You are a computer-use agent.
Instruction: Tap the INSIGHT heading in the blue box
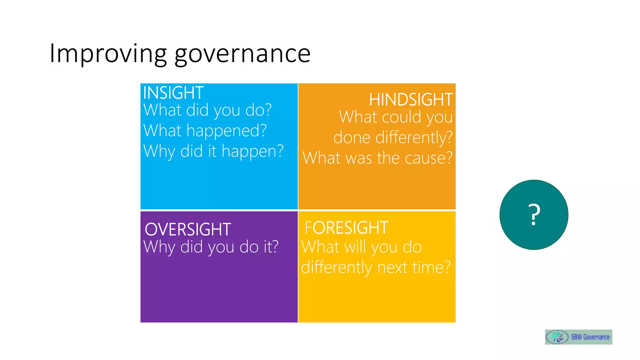click(173, 93)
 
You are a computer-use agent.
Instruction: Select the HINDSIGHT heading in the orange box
click(411, 100)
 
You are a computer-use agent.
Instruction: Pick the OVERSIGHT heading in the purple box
click(188, 229)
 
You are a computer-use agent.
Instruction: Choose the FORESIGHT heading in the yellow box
click(346, 227)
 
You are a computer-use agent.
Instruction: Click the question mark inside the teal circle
click(534, 215)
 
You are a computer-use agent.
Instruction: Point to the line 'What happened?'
click(205, 131)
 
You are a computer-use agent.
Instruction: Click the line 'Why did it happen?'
click(213, 151)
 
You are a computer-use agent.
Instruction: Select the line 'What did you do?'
click(207, 110)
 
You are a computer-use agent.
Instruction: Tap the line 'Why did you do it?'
click(211, 247)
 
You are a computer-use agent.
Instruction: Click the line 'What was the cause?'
click(377, 158)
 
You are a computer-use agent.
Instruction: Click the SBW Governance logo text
click(590, 337)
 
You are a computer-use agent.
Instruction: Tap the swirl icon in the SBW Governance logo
click(557, 337)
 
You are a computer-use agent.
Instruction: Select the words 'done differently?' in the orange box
click(393, 137)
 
